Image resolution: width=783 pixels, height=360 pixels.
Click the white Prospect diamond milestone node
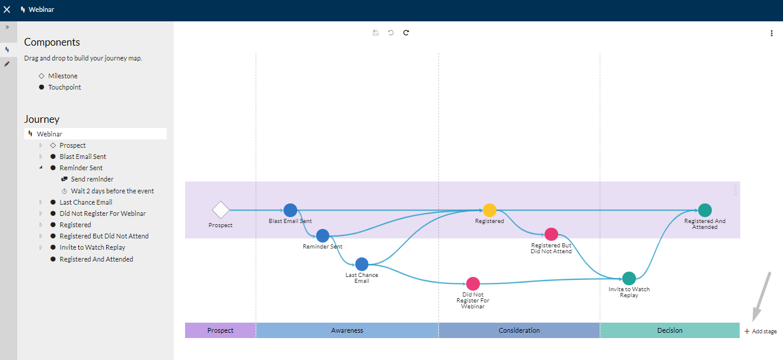(x=221, y=210)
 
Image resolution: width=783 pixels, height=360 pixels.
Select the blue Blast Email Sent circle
(x=290, y=210)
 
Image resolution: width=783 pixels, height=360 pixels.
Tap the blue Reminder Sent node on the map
(x=322, y=235)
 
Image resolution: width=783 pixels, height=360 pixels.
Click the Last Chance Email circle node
(x=362, y=265)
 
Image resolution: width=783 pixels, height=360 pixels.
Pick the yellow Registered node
(x=489, y=210)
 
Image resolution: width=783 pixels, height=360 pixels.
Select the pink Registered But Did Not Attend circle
(x=551, y=234)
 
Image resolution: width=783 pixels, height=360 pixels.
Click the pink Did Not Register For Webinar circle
(x=473, y=284)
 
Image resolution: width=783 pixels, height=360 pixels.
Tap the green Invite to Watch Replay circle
(x=629, y=279)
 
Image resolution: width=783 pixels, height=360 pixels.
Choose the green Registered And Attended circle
(x=705, y=210)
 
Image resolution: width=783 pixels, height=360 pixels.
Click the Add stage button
(x=760, y=332)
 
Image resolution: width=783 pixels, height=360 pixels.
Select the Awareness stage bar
(x=347, y=330)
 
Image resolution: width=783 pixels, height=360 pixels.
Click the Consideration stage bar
(x=519, y=330)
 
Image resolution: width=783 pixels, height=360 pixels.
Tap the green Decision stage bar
(x=670, y=330)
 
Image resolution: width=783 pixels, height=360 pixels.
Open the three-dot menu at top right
(x=772, y=33)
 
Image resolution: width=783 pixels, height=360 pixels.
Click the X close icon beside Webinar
(x=7, y=9)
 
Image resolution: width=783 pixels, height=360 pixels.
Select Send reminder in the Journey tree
(x=92, y=179)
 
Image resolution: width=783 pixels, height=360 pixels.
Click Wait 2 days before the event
(x=112, y=191)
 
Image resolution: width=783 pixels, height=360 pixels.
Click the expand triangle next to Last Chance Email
(x=41, y=202)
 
